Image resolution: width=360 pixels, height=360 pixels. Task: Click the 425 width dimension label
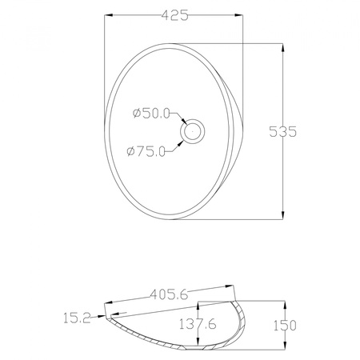pos(175,15)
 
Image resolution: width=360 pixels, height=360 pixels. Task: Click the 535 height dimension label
pos(282,131)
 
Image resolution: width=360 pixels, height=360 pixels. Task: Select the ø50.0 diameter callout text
pos(151,114)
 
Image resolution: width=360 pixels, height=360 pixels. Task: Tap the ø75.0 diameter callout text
pos(146,151)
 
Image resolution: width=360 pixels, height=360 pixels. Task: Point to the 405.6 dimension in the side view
pos(169,294)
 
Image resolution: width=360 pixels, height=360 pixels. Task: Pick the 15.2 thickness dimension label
pos(78,318)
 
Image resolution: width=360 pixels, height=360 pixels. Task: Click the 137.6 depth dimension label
pos(198,324)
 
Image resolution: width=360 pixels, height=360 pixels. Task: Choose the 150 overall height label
pos(285,326)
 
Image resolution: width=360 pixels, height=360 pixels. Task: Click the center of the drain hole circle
pos(193,131)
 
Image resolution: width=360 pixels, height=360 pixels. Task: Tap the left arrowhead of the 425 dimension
pos(108,15)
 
